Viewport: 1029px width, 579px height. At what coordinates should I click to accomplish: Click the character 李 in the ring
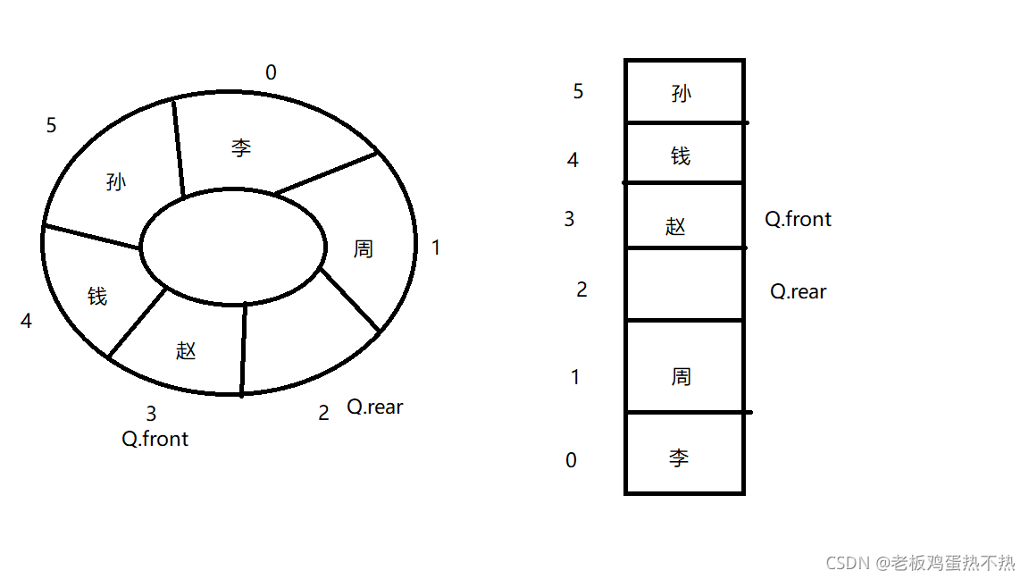241,147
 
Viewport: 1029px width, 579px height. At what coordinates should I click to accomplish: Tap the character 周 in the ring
363,248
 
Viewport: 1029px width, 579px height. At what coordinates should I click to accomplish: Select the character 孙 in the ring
116,182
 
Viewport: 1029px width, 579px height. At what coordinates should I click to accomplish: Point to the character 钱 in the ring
97,296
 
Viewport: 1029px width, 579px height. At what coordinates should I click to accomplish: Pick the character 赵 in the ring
186,350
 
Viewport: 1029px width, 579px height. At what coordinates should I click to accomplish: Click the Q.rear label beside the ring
375,407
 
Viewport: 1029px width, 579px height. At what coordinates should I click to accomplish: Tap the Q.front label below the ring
155,439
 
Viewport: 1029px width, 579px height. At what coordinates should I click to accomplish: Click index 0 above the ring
271,73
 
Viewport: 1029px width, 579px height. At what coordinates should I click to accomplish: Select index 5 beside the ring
51,126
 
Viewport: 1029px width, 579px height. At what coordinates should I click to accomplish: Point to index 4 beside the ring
26,321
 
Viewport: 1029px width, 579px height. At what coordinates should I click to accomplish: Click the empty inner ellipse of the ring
233,246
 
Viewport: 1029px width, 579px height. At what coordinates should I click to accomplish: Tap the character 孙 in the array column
682,93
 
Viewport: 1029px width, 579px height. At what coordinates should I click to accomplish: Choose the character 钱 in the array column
681,156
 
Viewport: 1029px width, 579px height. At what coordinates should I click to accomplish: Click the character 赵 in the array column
676,226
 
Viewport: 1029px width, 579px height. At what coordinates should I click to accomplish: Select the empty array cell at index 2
684,284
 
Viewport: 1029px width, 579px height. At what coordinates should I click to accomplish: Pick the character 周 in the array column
682,376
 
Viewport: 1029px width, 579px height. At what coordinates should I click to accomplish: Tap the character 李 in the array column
679,458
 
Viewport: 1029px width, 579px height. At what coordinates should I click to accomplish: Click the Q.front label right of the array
799,219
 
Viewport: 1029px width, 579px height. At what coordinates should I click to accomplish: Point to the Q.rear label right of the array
799,291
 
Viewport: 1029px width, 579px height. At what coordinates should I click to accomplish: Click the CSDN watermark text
920,562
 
